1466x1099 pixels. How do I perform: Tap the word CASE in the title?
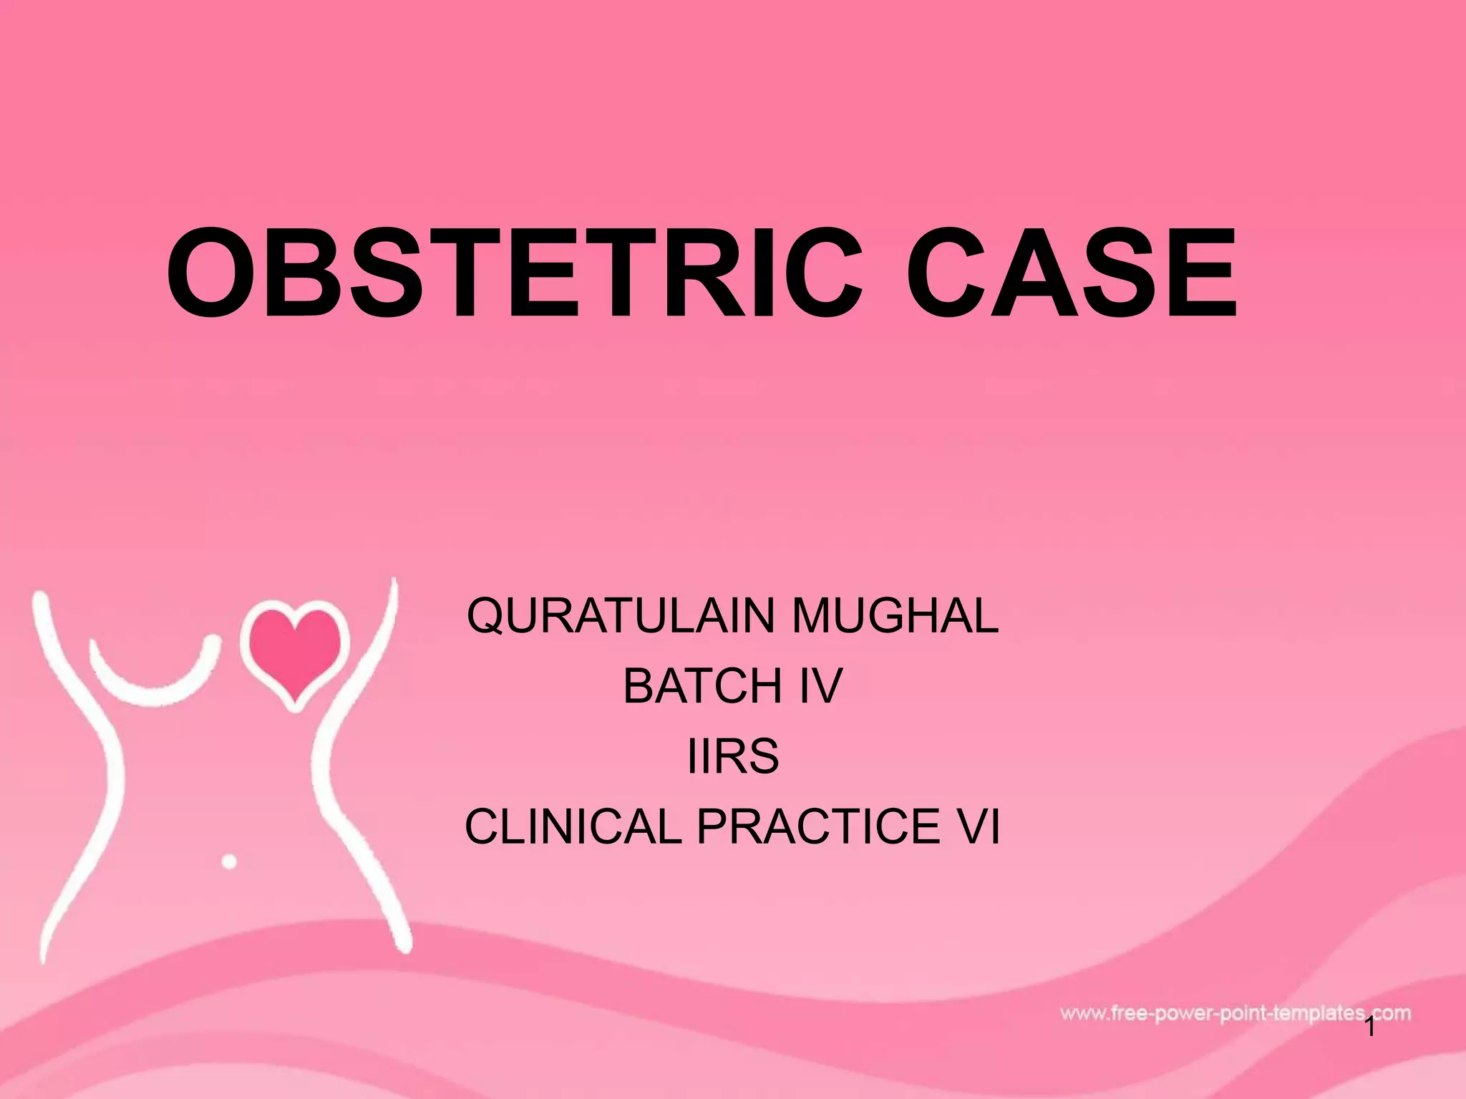pyautogui.click(x=1070, y=273)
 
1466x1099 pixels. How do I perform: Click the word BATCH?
pyautogui.click(x=702, y=685)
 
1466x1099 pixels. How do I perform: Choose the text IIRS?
pyautogui.click(x=732, y=756)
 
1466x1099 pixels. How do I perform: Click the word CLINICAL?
pyautogui.click(x=573, y=826)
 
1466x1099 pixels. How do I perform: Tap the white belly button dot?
pyautogui.click(x=229, y=861)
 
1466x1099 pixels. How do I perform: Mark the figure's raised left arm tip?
pyautogui.click(x=40, y=598)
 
